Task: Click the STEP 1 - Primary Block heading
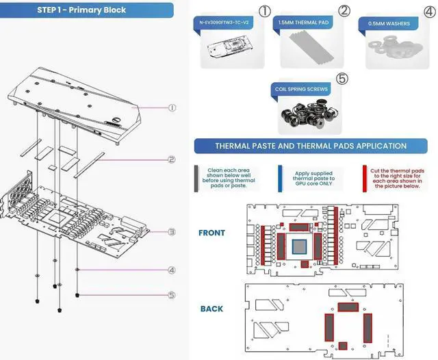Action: point(81,10)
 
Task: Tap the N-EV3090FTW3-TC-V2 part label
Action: point(224,23)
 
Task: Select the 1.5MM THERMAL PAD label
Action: point(303,23)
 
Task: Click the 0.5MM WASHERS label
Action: point(389,24)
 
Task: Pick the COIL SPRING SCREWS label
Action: point(301,89)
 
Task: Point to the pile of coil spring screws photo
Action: point(309,114)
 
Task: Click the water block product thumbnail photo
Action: point(231,47)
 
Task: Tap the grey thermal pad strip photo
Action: point(311,46)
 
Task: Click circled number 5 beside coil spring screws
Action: point(342,79)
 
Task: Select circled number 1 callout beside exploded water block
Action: point(172,108)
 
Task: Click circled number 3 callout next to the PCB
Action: point(172,232)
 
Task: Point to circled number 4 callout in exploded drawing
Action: point(172,270)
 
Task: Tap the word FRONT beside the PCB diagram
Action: point(211,233)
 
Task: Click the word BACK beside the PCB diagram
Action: point(211,309)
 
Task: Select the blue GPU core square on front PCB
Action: point(299,247)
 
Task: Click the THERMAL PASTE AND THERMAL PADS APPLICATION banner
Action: point(311,146)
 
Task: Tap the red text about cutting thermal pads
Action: point(397,178)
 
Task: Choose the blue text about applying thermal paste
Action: point(313,179)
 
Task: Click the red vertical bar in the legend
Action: point(365,179)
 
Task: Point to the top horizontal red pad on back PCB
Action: point(348,307)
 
